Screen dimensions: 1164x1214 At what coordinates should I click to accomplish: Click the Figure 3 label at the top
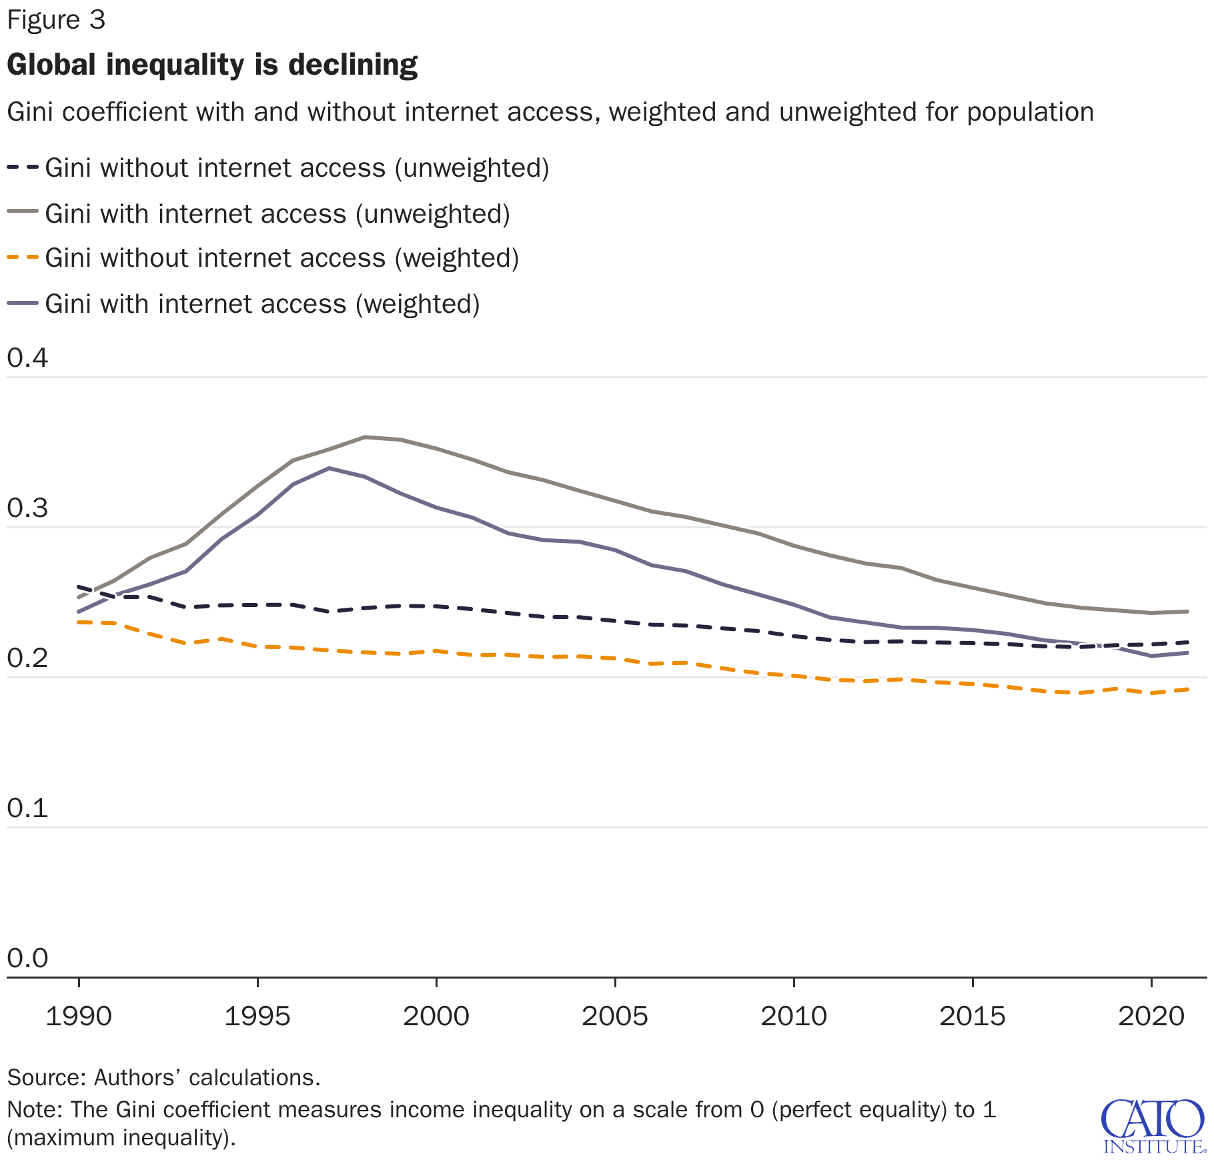coord(56,21)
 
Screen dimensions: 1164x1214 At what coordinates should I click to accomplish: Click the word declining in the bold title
coord(353,65)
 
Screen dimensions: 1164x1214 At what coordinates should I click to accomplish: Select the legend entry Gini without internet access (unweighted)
coord(297,168)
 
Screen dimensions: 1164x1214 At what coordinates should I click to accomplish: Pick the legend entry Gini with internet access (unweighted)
coord(277,214)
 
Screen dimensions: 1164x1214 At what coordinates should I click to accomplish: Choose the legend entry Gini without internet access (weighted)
coord(281,258)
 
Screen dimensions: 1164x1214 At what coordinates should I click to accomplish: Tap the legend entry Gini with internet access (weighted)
coord(262,304)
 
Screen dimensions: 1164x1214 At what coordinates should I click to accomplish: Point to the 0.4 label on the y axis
coord(27,358)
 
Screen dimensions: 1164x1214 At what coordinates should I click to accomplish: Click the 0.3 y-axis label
coord(27,508)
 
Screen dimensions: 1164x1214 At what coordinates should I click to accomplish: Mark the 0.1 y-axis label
coord(27,808)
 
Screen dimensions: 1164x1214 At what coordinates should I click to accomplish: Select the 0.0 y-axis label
coord(27,959)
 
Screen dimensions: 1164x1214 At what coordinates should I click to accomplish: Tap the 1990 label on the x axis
coord(79,1017)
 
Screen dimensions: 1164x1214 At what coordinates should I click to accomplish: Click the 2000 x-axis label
coord(436,1017)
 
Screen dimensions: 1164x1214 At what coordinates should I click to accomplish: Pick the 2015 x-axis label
coord(973,1017)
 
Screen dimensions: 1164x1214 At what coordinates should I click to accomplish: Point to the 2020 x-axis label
coord(1151,1017)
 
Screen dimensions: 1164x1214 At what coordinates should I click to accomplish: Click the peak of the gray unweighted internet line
coord(365,437)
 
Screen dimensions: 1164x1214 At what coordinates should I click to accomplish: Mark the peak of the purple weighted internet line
coord(329,468)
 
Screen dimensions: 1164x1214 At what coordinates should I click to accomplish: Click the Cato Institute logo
coord(1153,1127)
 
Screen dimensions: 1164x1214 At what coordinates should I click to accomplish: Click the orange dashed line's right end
coord(1187,689)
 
